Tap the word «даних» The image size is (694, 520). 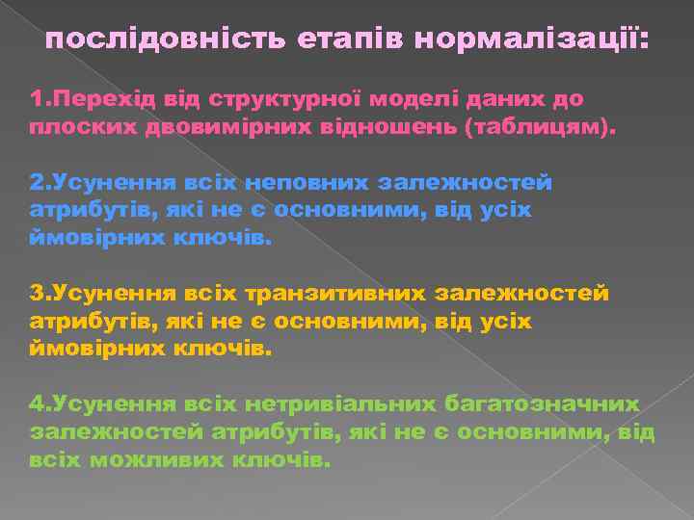click(505, 99)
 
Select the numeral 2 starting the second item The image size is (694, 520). click(37, 182)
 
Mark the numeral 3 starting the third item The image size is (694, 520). click(37, 293)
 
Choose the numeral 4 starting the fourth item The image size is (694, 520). click(37, 404)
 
